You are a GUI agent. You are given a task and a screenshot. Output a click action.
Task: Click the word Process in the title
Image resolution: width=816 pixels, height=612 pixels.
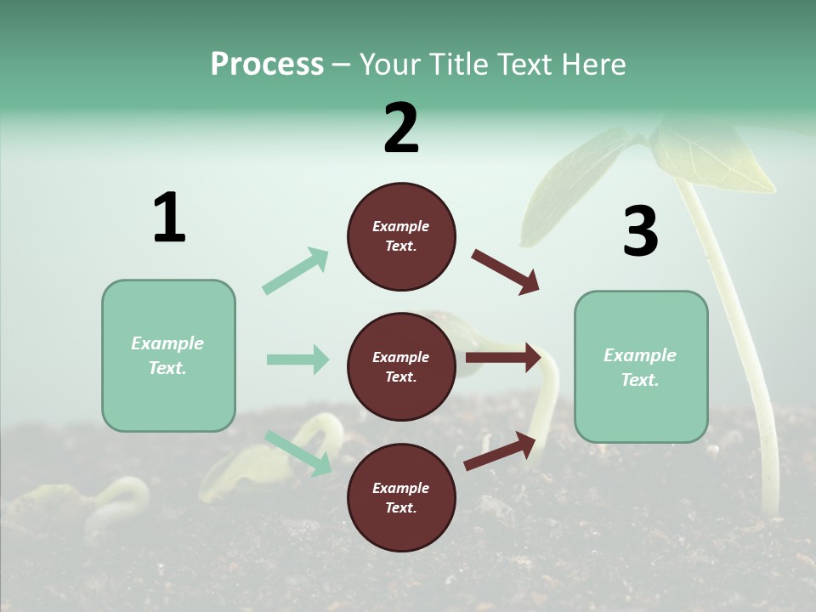pos(267,65)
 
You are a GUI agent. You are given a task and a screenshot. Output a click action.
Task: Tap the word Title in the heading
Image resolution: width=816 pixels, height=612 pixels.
pos(453,65)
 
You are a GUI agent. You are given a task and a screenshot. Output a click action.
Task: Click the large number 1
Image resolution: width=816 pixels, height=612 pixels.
pos(169,218)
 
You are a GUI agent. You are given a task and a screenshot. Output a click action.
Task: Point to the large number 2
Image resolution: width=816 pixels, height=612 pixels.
pos(401,128)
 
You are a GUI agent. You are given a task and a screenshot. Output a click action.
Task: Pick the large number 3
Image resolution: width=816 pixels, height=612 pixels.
pos(640,232)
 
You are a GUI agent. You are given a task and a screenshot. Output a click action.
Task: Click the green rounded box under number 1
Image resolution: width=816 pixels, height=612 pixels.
pos(168,355)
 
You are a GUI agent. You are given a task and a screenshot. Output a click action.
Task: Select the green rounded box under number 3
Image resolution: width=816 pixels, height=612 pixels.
pos(641,366)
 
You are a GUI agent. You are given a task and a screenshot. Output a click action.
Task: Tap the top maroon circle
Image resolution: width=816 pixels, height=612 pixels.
pos(401,236)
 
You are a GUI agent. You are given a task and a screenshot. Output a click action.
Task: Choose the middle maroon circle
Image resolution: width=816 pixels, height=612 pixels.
pos(401,366)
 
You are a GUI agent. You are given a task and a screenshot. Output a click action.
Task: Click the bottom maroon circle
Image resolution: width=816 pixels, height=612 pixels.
pos(401,497)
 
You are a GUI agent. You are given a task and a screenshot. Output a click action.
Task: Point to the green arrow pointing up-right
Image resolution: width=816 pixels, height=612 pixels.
pos(296,270)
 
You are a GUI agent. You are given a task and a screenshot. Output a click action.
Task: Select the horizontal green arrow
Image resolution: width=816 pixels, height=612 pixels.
pos(297,360)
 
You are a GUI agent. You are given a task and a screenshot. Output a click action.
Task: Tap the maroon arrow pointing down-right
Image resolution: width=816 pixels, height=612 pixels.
pos(506,272)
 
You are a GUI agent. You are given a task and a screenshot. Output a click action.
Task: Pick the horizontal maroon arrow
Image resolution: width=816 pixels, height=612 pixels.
pos(503,357)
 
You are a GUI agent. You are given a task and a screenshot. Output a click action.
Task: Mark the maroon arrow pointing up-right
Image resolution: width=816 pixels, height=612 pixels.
pos(501,450)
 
